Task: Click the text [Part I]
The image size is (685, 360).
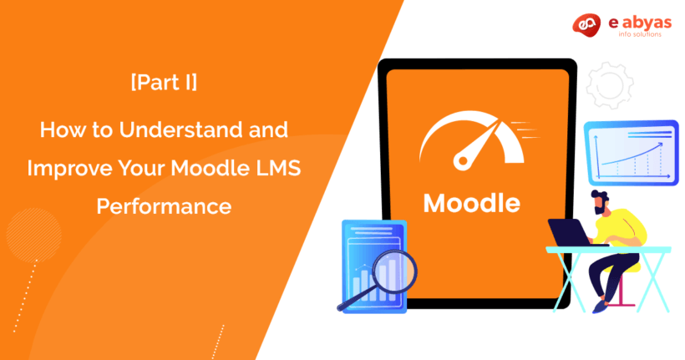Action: pos(164,85)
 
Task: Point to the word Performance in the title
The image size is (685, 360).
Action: pos(164,205)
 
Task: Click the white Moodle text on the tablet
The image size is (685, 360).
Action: pos(472,203)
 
